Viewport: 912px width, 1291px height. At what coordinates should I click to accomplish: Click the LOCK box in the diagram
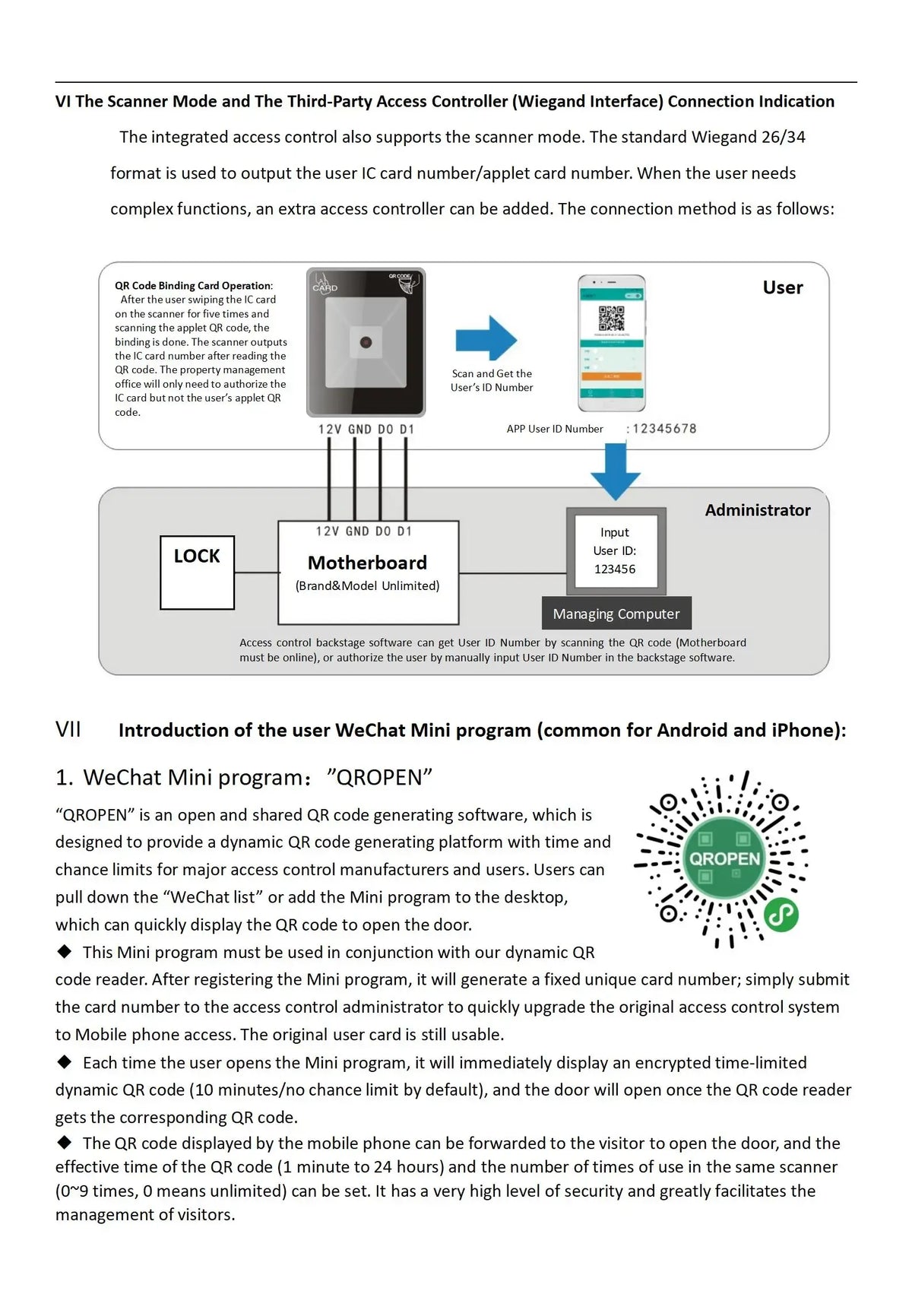[197, 573]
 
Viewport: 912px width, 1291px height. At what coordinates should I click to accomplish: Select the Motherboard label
[368, 563]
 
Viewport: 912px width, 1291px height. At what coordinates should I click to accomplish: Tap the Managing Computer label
[616, 614]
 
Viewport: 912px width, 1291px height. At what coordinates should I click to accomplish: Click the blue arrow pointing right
[486, 338]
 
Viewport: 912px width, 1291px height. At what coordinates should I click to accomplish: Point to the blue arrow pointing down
[616, 471]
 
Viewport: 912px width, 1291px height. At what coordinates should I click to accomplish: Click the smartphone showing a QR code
[612, 344]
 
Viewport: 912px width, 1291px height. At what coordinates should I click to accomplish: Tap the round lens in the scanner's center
[366, 342]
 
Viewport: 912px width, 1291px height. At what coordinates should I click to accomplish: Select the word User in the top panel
[782, 287]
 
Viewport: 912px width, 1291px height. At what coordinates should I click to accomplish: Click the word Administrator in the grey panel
[758, 510]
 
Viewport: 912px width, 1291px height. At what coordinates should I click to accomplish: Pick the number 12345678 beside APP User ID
[664, 429]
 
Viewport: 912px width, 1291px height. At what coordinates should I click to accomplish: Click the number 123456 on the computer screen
[615, 569]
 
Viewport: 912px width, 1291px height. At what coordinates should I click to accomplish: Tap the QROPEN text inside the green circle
[725, 858]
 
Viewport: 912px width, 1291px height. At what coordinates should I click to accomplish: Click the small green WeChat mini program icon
[781, 914]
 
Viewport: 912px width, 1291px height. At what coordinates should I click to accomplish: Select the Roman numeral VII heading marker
[68, 730]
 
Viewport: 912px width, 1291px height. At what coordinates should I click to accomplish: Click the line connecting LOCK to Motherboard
[256, 573]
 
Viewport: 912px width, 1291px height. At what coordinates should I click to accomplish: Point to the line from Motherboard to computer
[513, 573]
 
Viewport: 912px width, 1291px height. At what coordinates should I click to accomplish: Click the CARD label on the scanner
[325, 287]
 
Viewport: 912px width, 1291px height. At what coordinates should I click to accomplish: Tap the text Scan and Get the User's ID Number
[492, 380]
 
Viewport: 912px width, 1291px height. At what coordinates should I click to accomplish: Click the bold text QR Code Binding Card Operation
[193, 286]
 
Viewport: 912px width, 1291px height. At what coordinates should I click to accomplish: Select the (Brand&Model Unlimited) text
[368, 586]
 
